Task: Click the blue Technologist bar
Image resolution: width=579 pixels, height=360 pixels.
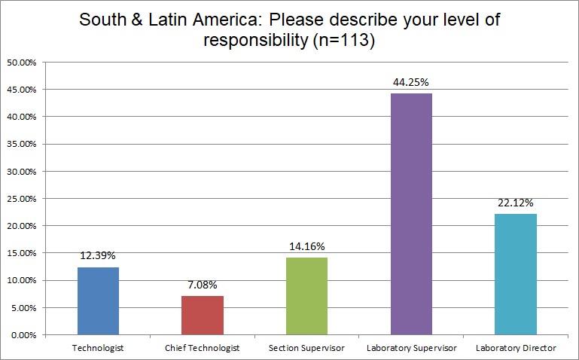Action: click(98, 301)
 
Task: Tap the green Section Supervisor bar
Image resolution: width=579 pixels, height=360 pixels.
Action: click(306, 296)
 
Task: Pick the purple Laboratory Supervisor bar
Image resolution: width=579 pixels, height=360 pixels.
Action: click(410, 214)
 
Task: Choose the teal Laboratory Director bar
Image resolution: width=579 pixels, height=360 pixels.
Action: click(515, 274)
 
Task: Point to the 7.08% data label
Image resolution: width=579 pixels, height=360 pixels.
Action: click(202, 286)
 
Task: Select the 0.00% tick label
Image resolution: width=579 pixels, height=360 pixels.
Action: click(23, 334)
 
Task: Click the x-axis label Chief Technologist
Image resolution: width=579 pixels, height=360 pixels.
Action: click(202, 348)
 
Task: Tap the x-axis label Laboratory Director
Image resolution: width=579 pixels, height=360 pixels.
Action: click(515, 348)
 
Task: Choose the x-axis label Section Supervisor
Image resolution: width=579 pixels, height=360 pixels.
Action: click(306, 348)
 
